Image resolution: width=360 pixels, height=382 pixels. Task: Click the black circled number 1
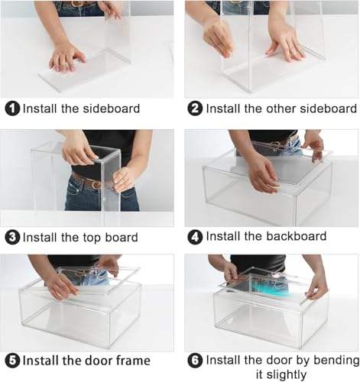12,108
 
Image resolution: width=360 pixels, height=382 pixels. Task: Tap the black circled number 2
195,108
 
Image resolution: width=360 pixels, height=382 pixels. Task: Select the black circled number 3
12,238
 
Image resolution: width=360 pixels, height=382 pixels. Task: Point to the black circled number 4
195,237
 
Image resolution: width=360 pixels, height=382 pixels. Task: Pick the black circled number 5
12,361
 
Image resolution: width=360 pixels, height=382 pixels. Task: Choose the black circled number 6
195,361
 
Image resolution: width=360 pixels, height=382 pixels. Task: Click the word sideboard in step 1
112,108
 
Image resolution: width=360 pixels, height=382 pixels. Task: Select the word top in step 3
92,238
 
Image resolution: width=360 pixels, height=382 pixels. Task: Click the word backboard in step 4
297,236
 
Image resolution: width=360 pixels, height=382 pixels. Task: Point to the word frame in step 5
133,361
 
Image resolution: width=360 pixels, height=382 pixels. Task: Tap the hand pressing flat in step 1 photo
66,60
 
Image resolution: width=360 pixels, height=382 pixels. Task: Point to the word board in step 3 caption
122,237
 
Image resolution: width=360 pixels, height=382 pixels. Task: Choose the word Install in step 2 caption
221,108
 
